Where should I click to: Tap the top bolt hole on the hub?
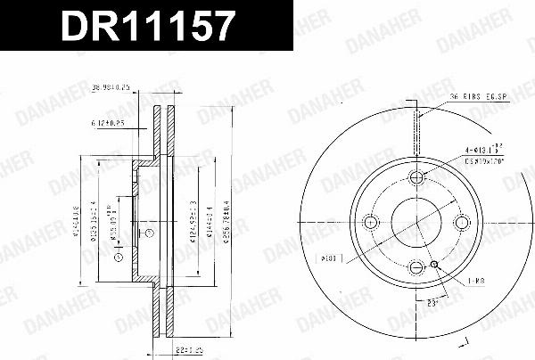[416, 176]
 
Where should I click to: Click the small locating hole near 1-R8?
[435, 264]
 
